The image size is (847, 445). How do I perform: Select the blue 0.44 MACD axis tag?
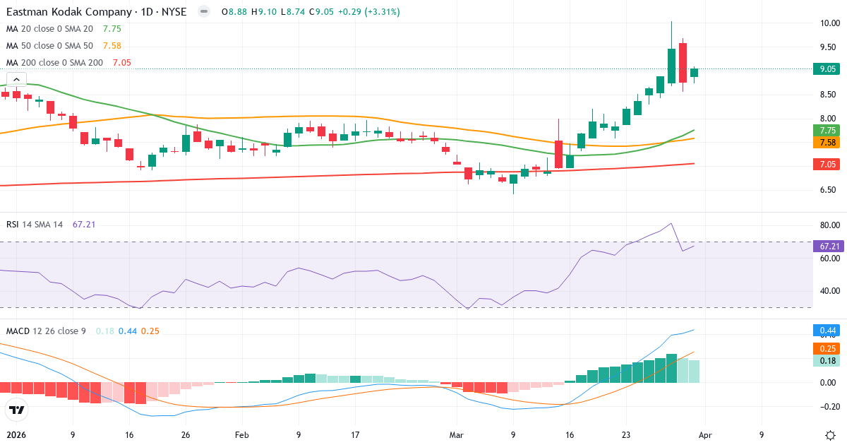tap(828, 331)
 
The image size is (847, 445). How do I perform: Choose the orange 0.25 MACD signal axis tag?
tap(828, 348)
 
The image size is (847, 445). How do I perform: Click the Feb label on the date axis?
tap(242, 435)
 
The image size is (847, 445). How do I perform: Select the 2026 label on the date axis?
tap(16, 435)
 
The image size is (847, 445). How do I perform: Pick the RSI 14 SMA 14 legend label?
tap(35, 225)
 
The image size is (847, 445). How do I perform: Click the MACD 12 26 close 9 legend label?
tap(46, 331)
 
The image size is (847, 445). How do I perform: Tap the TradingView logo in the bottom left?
tap(17, 410)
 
